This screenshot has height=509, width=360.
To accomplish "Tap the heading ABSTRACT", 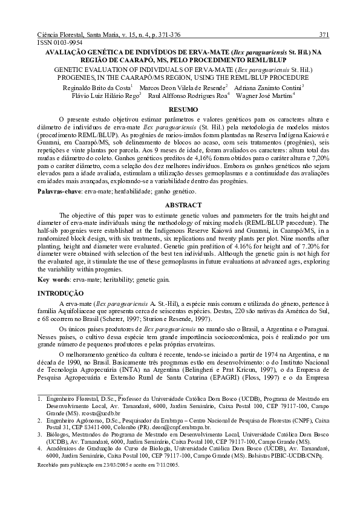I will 179,205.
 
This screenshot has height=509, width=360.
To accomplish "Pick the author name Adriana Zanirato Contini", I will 267,87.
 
